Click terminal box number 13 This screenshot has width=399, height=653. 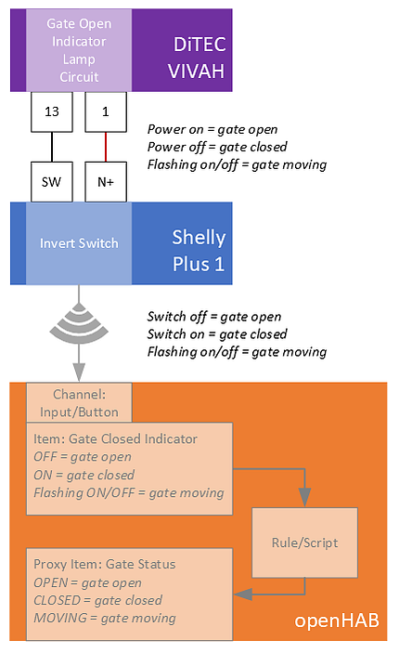(52, 111)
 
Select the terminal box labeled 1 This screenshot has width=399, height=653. (106, 111)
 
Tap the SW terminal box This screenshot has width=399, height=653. (52, 182)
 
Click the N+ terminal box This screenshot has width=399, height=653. (106, 182)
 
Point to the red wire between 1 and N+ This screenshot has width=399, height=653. (106, 147)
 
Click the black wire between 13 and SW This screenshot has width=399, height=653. (52, 147)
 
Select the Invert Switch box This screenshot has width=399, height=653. (79, 243)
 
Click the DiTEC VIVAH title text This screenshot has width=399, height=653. (198, 58)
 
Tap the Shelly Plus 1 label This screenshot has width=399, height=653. (199, 251)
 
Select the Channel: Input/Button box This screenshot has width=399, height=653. (79, 403)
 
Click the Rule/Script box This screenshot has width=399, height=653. (304, 542)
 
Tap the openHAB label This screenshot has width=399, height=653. (337, 620)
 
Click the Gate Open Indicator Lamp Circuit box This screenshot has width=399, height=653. (79, 50)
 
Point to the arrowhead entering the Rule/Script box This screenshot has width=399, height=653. (305, 498)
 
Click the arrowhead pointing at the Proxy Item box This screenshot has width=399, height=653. (243, 594)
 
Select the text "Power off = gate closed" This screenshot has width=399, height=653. (217, 147)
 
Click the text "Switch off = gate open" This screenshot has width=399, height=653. (214, 317)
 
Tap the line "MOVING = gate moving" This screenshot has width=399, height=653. (105, 618)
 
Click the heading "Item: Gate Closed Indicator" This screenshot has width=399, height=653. (115, 438)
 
